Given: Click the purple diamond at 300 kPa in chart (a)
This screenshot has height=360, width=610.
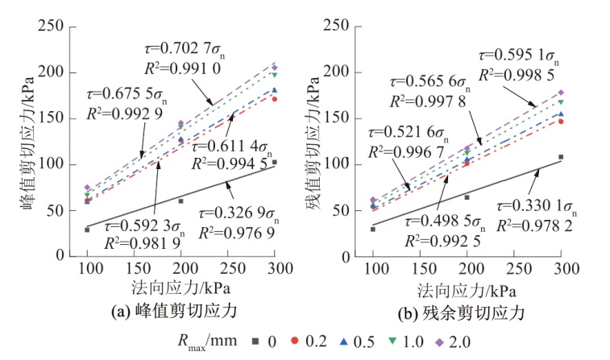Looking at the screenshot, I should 274,67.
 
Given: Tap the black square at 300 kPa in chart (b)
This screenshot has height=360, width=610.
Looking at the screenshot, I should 561,157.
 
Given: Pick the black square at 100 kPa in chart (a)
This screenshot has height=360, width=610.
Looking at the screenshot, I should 87,230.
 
